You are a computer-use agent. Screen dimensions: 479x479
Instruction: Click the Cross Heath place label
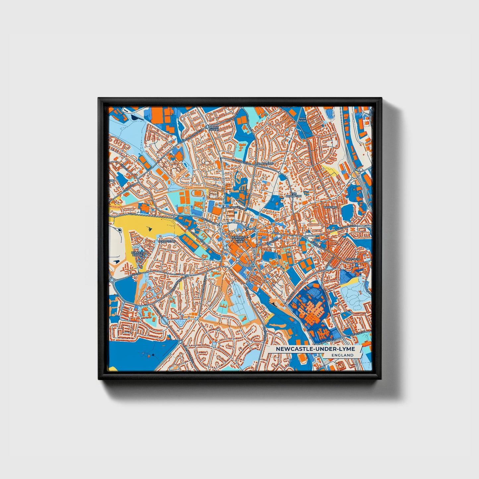(214, 128)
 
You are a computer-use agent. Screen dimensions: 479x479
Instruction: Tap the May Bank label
(302, 120)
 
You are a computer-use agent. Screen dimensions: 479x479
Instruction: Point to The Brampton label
(296, 195)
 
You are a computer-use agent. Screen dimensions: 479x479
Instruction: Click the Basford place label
(330, 207)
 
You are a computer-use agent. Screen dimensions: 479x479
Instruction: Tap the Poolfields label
(166, 241)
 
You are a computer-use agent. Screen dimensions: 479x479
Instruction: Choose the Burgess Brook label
(138, 254)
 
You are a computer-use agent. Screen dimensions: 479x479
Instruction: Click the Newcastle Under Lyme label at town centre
(239, 239)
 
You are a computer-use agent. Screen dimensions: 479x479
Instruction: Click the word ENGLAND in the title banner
(344, 355)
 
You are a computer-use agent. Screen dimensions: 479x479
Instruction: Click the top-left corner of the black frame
(99, 98)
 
